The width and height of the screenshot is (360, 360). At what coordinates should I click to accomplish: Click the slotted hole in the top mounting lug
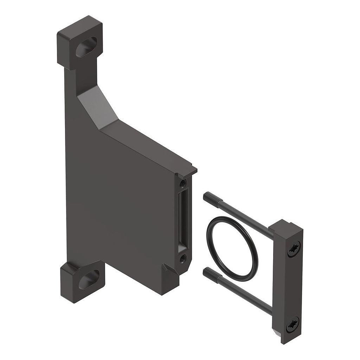86,47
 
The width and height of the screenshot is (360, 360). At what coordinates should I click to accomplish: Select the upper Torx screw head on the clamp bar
294,249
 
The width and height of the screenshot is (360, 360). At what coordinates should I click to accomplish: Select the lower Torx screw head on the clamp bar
292,324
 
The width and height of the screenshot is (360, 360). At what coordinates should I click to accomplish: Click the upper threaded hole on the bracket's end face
182,183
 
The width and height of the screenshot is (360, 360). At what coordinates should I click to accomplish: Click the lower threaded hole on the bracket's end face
182,259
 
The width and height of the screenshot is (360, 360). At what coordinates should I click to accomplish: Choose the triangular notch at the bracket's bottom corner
168,272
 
